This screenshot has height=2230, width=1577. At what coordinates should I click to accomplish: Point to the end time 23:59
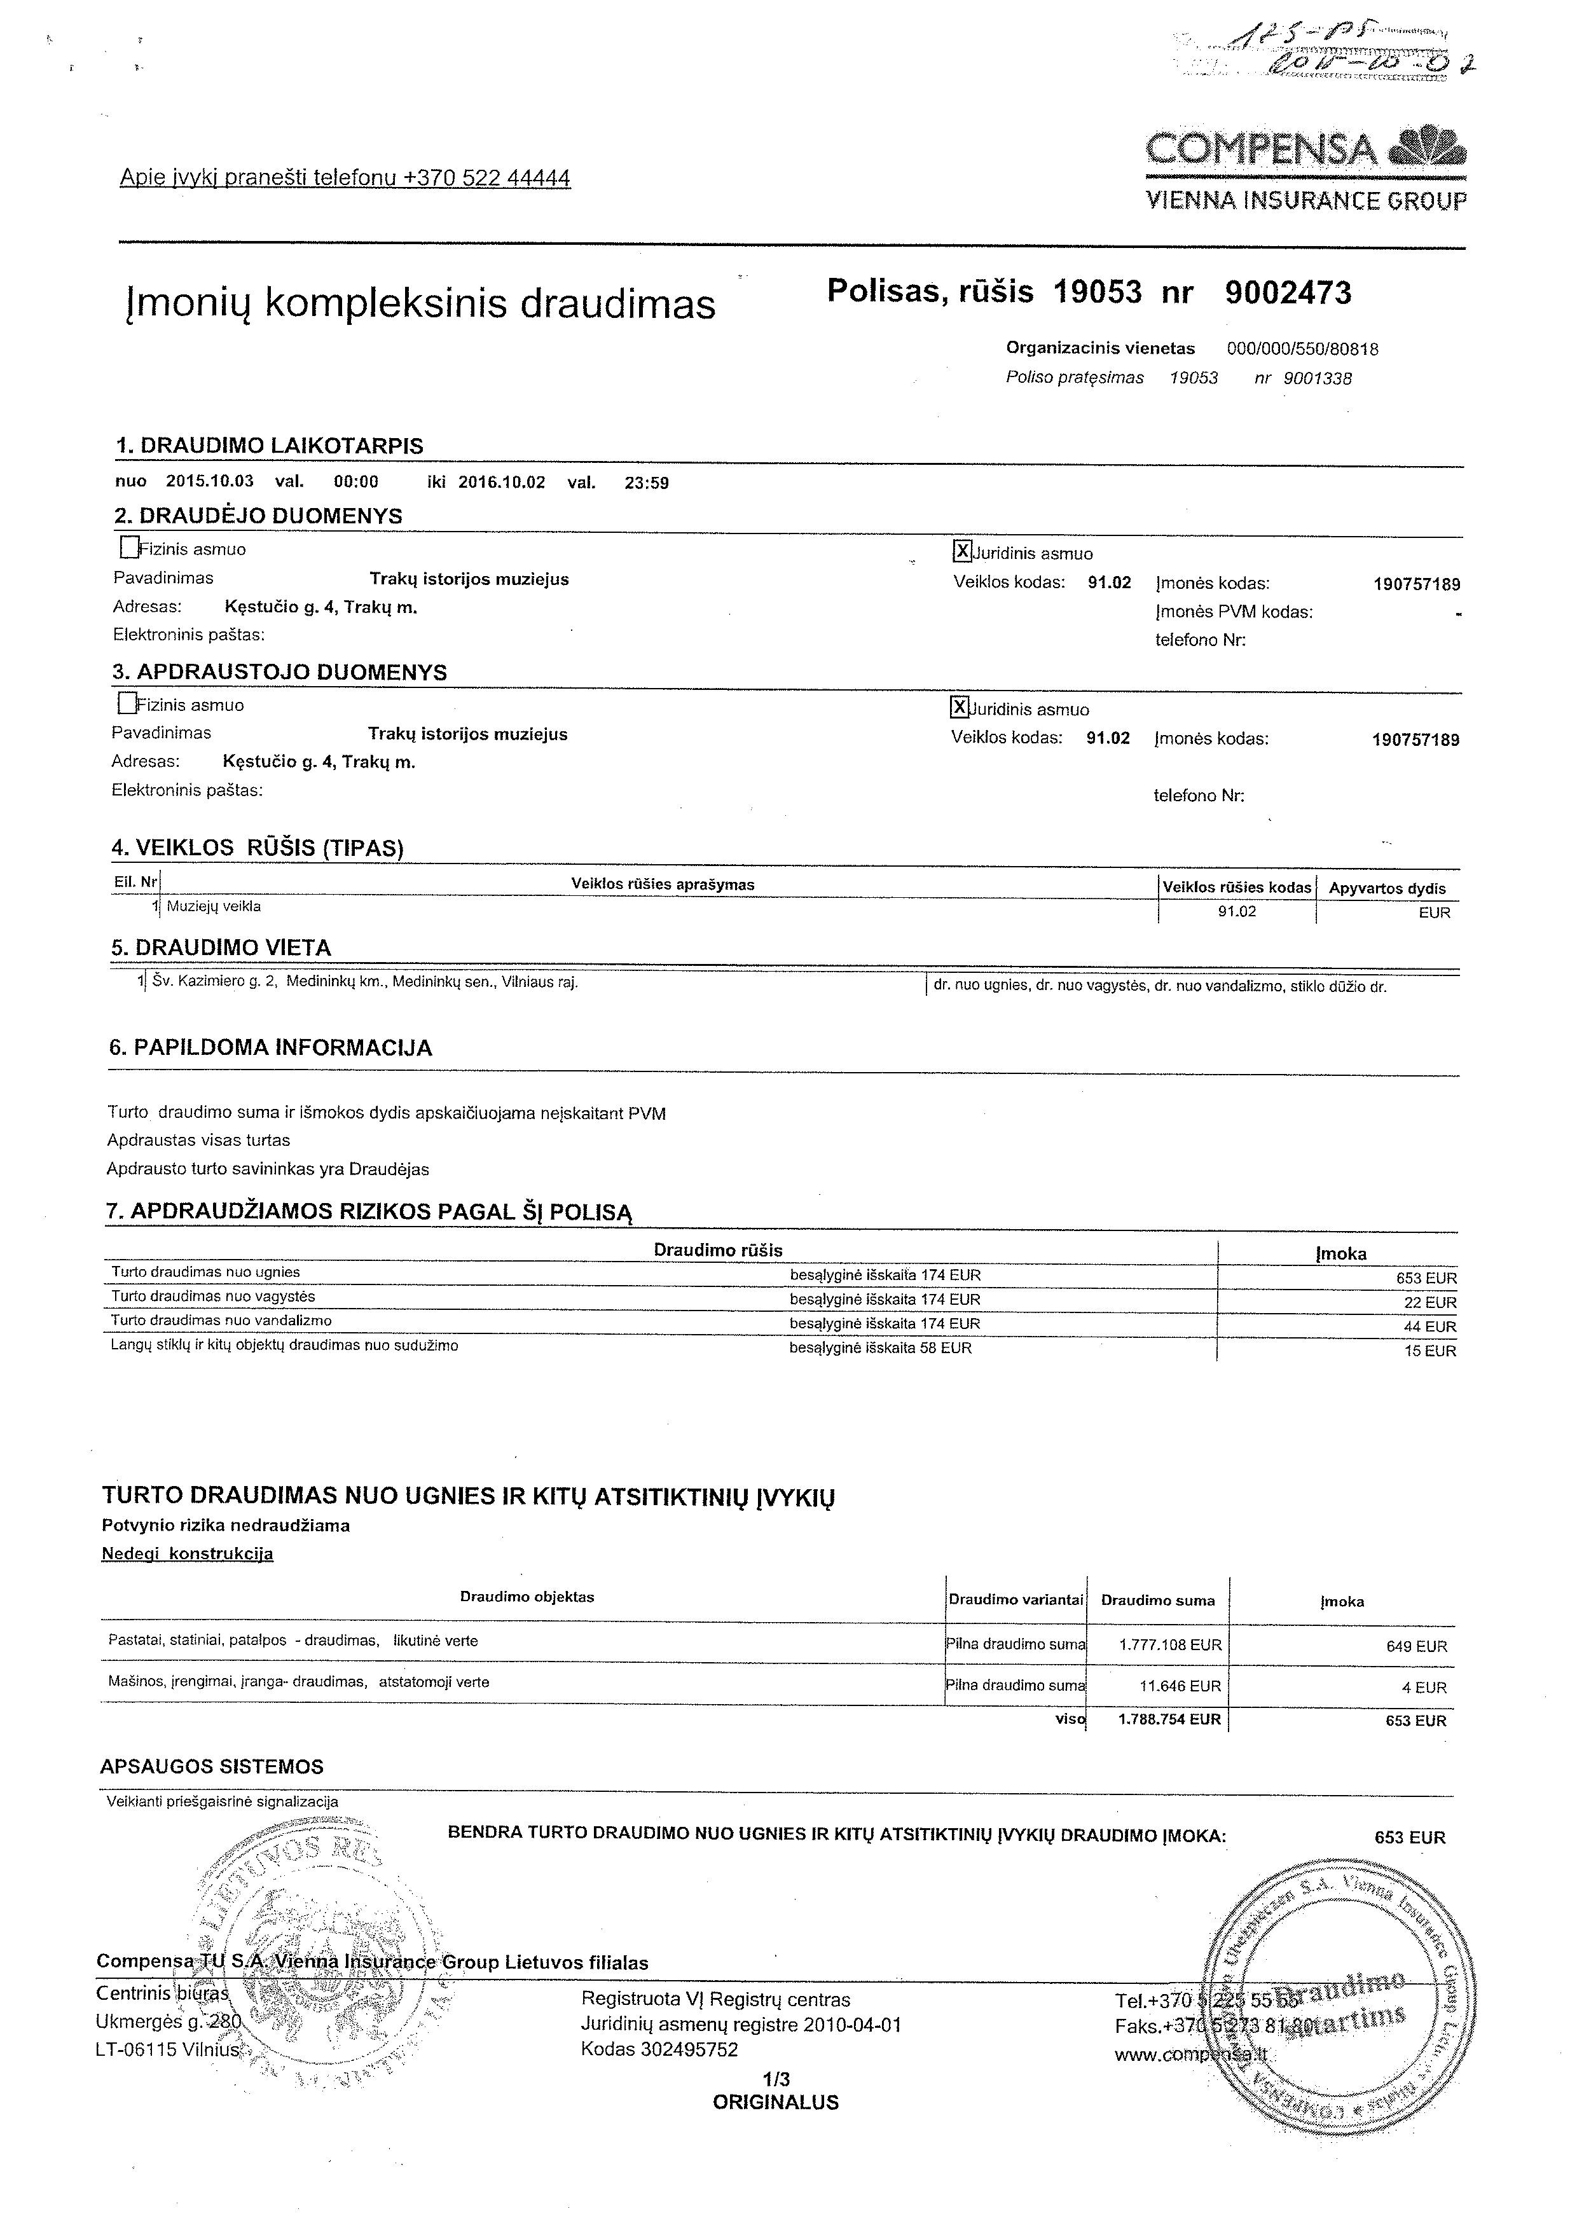pyautogui.click(x=647, y=483)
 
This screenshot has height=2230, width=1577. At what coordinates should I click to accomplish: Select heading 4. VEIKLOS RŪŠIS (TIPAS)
pyautogui.click(x=258, y=847)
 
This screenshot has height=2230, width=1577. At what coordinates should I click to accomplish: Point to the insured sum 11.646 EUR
pyautogui.click(x=1177, y=1686)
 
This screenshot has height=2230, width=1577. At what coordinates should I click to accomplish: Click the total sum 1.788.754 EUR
pyautogui.click(x=1169, y=1718)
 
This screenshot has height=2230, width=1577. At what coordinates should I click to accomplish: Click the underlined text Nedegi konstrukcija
pyautogui.click(x=188, y=1553)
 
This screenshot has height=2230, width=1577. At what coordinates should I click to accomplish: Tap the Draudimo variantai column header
pyautogui.click(x=1016, y=1600)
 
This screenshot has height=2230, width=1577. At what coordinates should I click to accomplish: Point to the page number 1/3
pyautogui.click(x=777, y=2079)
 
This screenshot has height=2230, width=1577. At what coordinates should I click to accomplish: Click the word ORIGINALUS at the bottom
pyautogui.click(x=776, y=2103)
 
